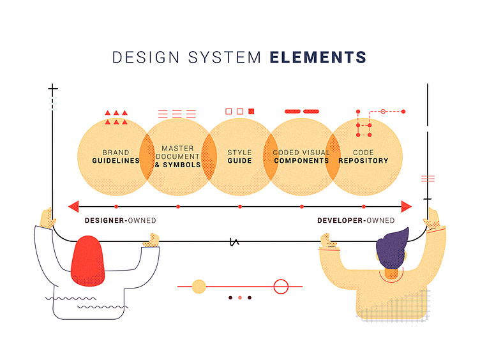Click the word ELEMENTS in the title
click(318, 57)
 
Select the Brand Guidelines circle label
click(116, 156)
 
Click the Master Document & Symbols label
click(177, 156)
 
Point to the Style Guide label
click(239, 156)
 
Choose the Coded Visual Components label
click(301, 156)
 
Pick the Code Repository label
click(363, 156)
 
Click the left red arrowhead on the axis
click(73, 206)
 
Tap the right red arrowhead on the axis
click(407, 206)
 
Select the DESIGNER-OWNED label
click(120, 221)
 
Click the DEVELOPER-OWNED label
click(356, 221)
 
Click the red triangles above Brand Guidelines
click(116, 117)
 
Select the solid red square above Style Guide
click(251, 111)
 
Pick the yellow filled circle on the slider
click(199, 287)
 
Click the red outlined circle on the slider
click(281, 287)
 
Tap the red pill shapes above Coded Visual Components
click(301, 111)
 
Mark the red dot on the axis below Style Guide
click(240, 206)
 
